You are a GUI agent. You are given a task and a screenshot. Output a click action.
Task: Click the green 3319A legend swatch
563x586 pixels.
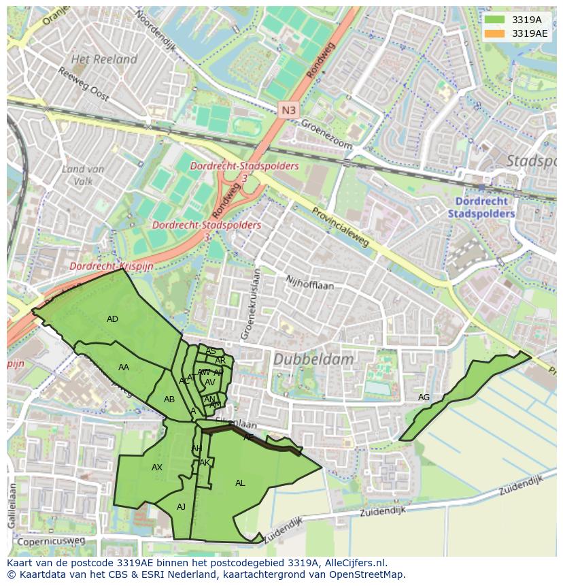click(x=494, y=20)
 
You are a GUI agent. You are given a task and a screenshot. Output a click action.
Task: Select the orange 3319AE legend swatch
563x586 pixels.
click(x=494, y=33)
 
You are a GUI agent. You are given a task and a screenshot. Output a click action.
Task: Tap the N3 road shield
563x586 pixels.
click(x=288, y=110)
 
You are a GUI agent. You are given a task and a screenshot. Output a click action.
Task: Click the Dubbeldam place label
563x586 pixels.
click(x=313, y=359)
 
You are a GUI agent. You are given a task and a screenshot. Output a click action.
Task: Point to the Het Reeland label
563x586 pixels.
click(x=104, y=59)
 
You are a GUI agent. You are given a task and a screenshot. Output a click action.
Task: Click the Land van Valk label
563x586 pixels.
click(x=82, y=175)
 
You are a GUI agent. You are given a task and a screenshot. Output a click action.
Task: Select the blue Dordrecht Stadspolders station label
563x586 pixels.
click(x=481, y=207)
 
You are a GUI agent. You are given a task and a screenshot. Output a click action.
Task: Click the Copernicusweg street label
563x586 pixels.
click(x=51, y=541)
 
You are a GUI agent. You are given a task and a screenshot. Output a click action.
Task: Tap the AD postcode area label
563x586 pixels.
click(x=112, y=319)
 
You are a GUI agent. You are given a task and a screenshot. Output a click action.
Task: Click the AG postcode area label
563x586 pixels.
click(x=424, y=397)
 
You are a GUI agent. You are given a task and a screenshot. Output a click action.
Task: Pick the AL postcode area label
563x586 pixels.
click(x=240, y=483)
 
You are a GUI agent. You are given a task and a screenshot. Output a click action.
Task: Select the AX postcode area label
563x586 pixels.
click(x=157, y=468)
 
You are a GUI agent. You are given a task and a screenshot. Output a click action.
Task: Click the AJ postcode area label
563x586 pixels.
click(x=181, y=507)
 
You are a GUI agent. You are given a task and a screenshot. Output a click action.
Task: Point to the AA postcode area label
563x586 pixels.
click(x=123, y=368)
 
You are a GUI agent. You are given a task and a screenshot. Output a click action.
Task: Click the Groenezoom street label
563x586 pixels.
click(x=326, y=135)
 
